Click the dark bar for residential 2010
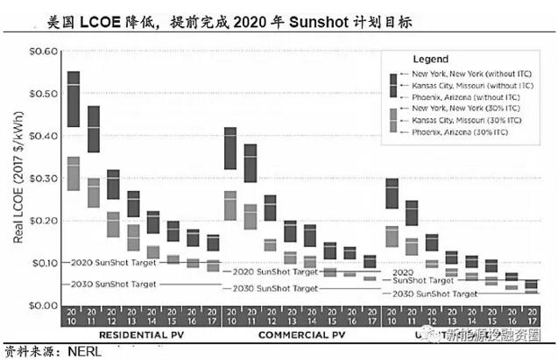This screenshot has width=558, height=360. point(74,99)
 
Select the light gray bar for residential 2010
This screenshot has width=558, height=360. point(74,173)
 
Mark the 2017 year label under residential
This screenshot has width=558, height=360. point(213,314)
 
